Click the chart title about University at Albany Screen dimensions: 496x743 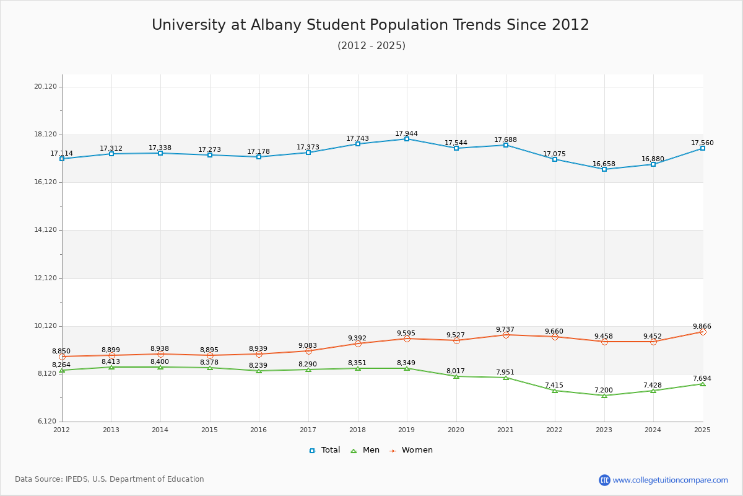(x=370, y=25)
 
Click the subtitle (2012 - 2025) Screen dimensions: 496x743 (x=371, y=46)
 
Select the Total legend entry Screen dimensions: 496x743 (x=324, y=450)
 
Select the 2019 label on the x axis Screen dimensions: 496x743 (x=406, y=430)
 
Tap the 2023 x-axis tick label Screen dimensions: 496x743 (x=604, y=430)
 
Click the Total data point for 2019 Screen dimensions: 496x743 (x=407, y=139)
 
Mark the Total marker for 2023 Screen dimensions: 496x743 (x=604, y=169)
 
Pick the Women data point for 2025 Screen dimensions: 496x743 (x=703, y=332)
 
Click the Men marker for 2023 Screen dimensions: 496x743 (x=604, y=396)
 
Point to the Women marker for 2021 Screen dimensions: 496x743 (x=506, y=335)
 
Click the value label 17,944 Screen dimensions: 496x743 (x=406, y=134)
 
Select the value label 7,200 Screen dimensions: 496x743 (x=603, y=390)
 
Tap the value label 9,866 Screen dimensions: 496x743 (x=702, y=326)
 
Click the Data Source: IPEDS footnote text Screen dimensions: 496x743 (x=110, y=479)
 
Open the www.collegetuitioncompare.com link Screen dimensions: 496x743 (x=670, y=480)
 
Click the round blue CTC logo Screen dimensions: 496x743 (x=604, y=480)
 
